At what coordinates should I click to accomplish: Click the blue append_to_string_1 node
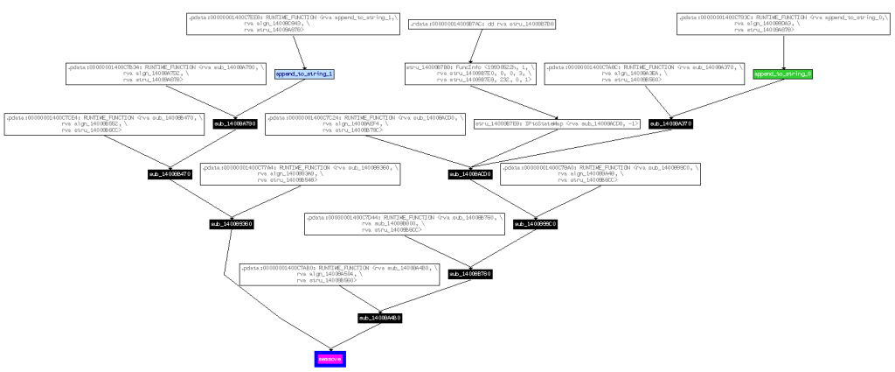click(305, 75)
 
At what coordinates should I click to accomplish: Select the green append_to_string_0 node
click(783, 75)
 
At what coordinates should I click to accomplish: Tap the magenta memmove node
click(330, 359)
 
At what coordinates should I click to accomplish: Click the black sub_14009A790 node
click(234, 124)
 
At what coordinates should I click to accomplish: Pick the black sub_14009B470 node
click(170, 174)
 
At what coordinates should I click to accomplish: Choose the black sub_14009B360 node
click(231, 224)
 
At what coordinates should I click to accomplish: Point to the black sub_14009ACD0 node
click(471, 174)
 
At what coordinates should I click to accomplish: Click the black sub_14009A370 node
click(670, 124)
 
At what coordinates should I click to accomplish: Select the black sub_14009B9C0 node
click(535, 224)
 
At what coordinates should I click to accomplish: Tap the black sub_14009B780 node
click(471, 274)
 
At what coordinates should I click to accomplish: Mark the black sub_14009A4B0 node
click(380, 317)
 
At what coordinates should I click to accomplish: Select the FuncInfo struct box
click(470, 74)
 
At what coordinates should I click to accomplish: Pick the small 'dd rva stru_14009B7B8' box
click(470, 25)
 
